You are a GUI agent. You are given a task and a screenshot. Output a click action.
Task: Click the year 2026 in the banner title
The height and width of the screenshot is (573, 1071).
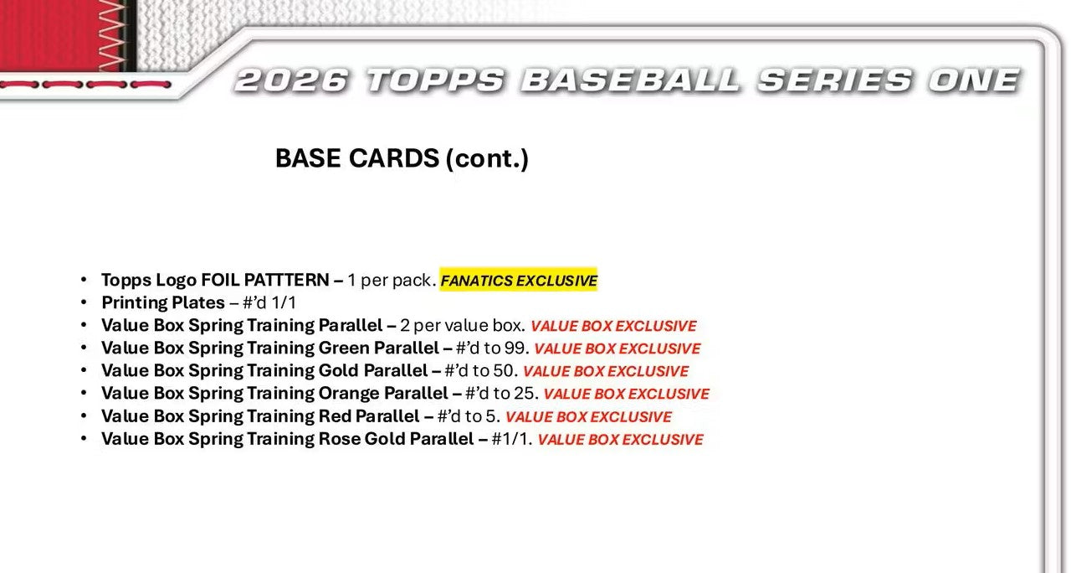(x=291, y=80)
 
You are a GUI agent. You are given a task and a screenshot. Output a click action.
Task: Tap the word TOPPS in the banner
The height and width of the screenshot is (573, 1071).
(x=436, y=80)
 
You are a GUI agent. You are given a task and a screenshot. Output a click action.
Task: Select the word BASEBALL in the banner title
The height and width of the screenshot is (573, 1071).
(x=631, y=80)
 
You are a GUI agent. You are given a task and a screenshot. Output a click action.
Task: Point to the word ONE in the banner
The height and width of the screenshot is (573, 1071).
(x=974, y=80)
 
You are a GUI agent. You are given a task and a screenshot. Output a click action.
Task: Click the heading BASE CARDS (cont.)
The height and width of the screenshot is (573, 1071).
(x=402, y=158)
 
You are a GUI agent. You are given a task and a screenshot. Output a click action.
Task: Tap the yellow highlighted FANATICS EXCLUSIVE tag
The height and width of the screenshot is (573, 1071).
(x=519, y=280)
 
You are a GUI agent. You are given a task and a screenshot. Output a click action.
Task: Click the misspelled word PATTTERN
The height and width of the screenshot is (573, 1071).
(x=286, y=280)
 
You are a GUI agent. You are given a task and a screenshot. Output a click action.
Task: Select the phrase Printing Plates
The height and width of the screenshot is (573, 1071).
(x=163, y=302)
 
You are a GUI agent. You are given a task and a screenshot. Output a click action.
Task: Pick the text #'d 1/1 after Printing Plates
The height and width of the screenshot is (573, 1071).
(x=269, y=302)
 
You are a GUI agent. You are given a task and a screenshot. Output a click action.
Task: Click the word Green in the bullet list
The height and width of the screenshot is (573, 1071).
(x=344, y=348)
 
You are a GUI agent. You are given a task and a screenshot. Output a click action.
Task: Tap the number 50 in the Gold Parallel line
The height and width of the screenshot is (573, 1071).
(x=504, y=370)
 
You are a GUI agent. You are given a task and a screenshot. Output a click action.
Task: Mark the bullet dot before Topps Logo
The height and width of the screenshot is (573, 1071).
(x=85, y=280)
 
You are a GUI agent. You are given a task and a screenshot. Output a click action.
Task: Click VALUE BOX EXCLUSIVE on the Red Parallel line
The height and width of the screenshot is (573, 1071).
(x=588, y=417)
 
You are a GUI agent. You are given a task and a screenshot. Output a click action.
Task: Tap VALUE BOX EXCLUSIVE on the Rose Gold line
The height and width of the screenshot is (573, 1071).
(x=620, y=440)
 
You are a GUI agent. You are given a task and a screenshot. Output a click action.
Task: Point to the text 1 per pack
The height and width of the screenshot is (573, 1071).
(x=392, y=280)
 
